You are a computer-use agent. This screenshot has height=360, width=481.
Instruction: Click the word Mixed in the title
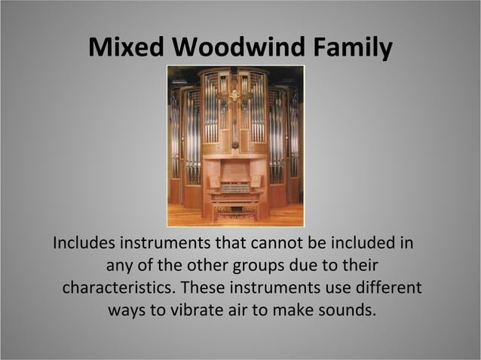(127, 47)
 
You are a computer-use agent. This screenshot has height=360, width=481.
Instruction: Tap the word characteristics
(120, 288)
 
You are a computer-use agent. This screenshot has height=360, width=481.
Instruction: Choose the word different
(385, 288)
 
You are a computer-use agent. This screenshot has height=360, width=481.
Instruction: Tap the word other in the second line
(228, 267)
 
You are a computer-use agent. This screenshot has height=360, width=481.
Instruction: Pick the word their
(357, 267)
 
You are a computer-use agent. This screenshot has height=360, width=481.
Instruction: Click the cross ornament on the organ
(234, 96)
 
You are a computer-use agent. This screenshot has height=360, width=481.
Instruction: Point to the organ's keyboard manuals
(234, 187)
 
